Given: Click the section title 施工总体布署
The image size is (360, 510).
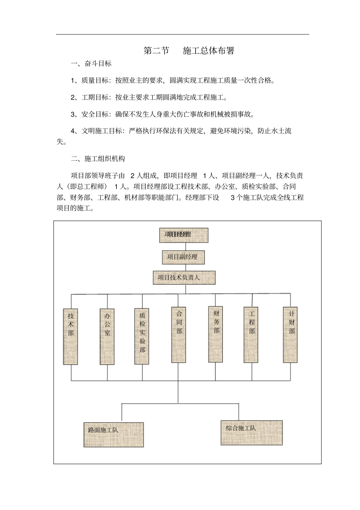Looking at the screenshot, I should click(x=208, y=51).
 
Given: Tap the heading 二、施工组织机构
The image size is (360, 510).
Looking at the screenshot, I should click(x=98, y=159).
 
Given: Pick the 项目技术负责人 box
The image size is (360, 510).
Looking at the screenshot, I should click(x=184, y=278).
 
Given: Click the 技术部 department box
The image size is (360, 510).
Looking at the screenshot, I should click(x=70, y=336).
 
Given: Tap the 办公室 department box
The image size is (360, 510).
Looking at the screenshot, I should click(x=107, y=336).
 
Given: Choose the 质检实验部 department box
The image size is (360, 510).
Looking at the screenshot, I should click(x=142, y=336).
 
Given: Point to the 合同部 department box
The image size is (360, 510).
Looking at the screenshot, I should click(x=178, y=335).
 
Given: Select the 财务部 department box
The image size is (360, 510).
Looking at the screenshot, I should click(x=216, y=334).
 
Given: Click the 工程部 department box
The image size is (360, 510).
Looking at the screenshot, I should click(x=251, y=335).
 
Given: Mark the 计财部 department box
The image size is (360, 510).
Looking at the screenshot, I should click(x=291, y=335).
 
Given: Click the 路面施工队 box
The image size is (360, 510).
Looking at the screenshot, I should click(x=113, y=435).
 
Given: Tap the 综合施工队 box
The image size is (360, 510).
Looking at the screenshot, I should click(x=252, y=432).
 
